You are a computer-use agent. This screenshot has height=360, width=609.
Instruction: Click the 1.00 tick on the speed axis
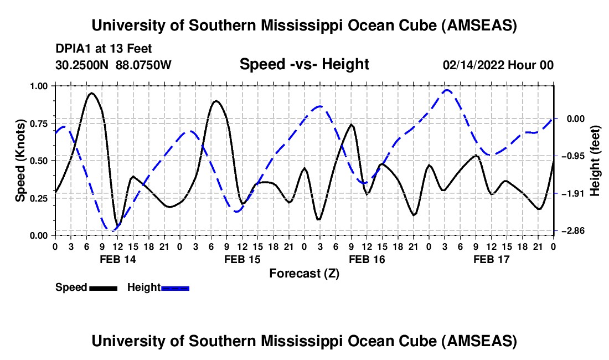pyautogui.click(x=38, y=86)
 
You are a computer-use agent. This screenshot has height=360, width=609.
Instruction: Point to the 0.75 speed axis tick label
pyautogui.click(x=38, y=123)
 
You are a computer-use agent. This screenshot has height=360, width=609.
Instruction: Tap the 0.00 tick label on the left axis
pyautogui.click(x=38, y=235)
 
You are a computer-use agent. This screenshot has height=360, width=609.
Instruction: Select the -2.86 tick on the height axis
pyautogui.click(x=571, y=231)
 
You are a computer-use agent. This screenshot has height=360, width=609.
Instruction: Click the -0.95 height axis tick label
pyautogui.click(x=571, y=156)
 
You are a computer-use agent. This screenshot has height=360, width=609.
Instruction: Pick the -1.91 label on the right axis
pyautogui.click(x=571, y=194)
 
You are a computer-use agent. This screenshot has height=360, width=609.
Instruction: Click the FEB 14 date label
pyautogui.click(x=117, y=259)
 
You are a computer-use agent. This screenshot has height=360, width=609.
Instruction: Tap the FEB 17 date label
pyautogui.click(x=491, y=259)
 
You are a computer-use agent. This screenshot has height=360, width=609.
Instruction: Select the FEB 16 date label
pyautogui.click(x=367, y=259)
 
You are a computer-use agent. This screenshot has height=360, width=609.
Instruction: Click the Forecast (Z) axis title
pyautogui.click(x=304, y=273)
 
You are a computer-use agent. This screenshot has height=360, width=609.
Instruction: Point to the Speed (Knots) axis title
pyautogui.click(x=20, y=161)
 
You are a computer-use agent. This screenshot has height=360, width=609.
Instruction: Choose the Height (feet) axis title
pyautogui.click(x=595, y=161)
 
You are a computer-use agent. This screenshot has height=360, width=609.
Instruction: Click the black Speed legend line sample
pyautogui.click(x=102, y=287)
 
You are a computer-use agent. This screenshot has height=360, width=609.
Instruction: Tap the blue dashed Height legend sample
pyautogui.click(x=176, y=287)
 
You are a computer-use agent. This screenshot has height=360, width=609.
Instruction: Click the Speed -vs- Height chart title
pyautogui.click(x=304, y=64)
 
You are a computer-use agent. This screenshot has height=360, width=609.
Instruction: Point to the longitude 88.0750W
pyautogui.click(x=144, y=65)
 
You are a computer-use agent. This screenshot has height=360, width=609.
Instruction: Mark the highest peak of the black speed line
pyautogui.click(x=92, y=93)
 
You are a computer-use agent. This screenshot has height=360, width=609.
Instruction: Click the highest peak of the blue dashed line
pyautogui.click(x=447, y=90)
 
